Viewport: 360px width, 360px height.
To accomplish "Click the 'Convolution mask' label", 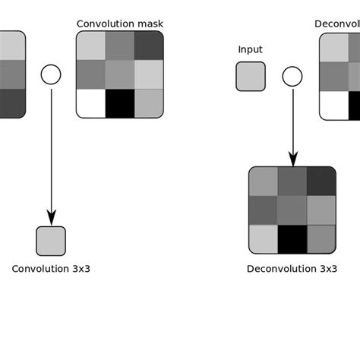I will [120, 24].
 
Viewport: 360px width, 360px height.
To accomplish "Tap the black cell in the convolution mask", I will [120, 103].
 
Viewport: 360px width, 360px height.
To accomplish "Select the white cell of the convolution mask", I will [90, 103].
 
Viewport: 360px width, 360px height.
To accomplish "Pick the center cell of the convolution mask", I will [120, 74].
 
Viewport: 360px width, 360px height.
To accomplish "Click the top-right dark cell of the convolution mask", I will [149, 46].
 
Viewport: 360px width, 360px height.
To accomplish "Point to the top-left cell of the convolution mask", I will [90, 46].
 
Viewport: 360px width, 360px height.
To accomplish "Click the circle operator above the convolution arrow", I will [50, 74].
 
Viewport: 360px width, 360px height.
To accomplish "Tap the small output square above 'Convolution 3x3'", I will [51, 241].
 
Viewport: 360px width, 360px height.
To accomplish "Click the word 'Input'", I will [250, 50].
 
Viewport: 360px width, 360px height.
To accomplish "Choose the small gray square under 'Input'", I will [251, 76].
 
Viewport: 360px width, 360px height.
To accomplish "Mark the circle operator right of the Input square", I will [292, 76].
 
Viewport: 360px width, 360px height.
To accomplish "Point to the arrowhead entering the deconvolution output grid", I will [292, 160].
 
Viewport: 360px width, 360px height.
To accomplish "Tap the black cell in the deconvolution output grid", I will [292, 238].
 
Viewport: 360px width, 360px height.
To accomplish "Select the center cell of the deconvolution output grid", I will [292, 210].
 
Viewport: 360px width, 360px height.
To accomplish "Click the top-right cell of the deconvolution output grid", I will [321, 181].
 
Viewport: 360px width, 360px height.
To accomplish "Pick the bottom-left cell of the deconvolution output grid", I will [263, 238].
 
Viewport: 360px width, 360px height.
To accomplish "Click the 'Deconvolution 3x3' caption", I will [292, 269].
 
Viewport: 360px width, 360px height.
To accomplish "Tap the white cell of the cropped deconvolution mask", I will [333, 105].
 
